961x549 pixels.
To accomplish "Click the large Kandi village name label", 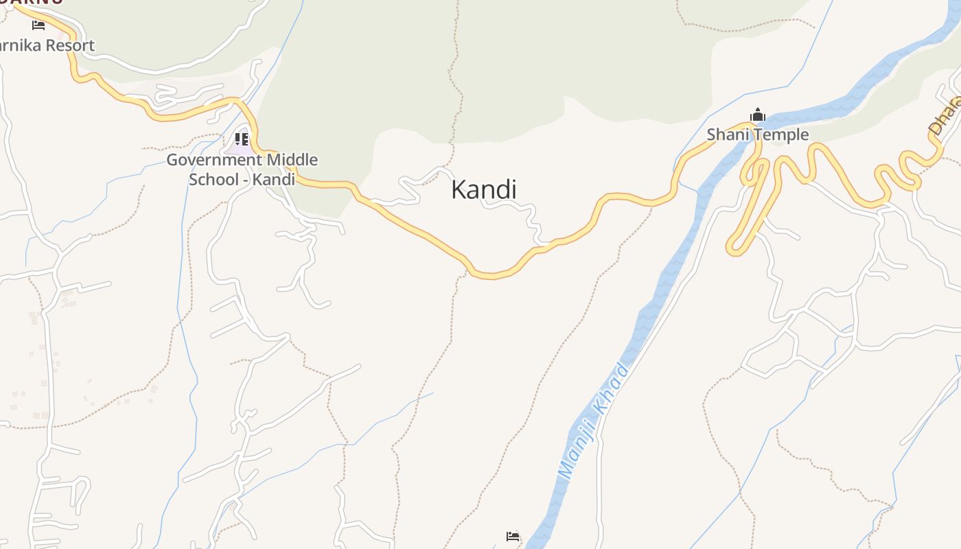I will point(484,190).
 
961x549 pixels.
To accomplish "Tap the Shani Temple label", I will point(758,135).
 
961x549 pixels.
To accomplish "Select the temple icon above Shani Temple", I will point(758,115).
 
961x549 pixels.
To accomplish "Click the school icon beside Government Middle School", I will point(241,139).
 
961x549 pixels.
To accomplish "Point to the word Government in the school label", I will point(214,161).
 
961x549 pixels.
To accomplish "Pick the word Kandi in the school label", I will point(274,180).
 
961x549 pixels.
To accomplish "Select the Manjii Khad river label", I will point(594,422).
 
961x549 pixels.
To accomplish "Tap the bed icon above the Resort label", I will point(38,25).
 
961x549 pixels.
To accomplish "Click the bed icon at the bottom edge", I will point(513,536).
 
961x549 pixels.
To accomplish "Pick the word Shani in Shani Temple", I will point(727,135).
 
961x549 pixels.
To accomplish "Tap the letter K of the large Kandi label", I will point(458,190).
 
